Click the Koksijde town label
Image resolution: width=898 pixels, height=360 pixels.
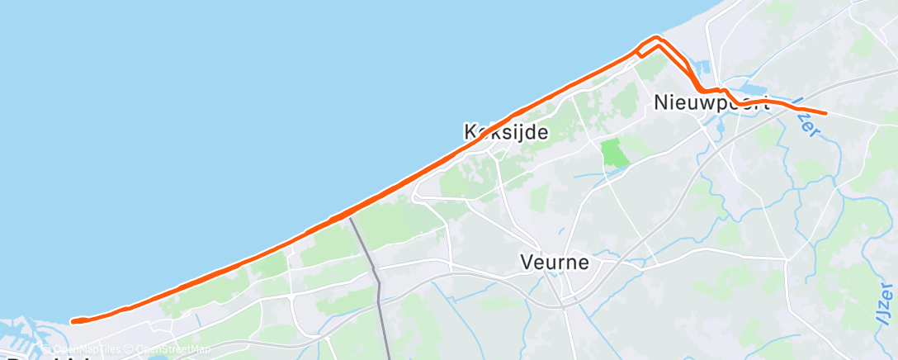[506, 131]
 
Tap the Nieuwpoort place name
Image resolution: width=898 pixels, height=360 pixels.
[711, 103]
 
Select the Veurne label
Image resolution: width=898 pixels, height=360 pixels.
[555, 263]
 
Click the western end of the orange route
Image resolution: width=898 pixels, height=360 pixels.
[73, 321]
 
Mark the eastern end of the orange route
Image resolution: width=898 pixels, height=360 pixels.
[825, 113]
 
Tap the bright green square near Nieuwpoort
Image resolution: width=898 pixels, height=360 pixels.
[613, 153]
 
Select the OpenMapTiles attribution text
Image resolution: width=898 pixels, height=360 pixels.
[86, 349]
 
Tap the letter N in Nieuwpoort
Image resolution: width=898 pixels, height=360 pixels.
[660, 103]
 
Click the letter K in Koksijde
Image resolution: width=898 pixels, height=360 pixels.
[471, 131]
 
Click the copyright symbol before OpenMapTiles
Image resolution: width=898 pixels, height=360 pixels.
[47, 349]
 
